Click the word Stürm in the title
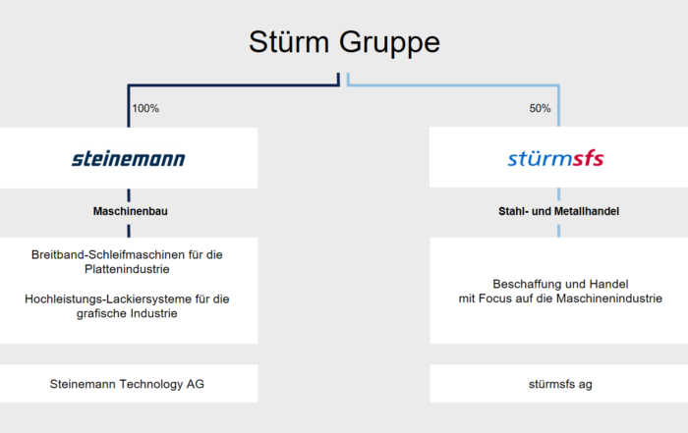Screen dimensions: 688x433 point(289,42)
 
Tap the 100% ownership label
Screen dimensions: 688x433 point(145,108)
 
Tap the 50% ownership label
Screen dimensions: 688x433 point(540,108)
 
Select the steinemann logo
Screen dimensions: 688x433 point(129,158)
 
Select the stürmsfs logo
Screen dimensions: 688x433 point(556,158)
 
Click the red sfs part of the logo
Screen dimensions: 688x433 point(589,158)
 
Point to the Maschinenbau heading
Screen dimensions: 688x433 point(131,211)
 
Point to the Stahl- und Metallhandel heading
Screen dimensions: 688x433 point(558,211)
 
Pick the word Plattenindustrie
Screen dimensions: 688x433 point(127,269)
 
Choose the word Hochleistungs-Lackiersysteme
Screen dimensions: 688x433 point(108,298)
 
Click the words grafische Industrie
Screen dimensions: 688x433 point(127,313)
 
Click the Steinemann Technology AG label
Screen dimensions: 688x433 point(127,384)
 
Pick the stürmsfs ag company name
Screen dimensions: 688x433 point(560,384)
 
